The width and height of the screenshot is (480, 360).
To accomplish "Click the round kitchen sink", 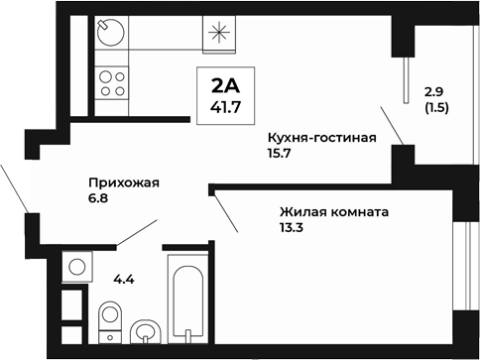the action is pyautogui.click(x=109, y=35).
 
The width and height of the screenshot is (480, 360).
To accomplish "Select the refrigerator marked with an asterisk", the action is pyautogui.click(x=219, y=35).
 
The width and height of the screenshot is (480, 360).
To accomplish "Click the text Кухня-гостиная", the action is pyautogui.click(x=321, y=138).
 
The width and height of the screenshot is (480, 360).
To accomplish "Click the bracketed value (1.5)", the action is pyautogui.click(x=436, y=107).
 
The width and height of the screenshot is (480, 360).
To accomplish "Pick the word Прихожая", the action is pyautogui.click(x=124, y=182).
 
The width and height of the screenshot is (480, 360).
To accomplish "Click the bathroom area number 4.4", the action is pyautogui.click(x=123, y=279).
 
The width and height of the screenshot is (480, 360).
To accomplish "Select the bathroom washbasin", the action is pyautogui.click(x=147, y=329).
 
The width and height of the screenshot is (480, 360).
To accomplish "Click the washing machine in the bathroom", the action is pyautogui.click(x=75, y=266).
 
